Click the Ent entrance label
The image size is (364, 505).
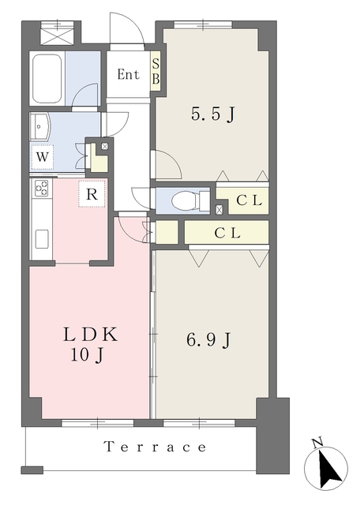129,74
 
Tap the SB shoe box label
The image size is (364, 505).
156,72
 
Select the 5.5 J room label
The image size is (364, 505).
212,114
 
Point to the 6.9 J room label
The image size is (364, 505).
208,339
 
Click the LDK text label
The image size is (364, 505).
90,335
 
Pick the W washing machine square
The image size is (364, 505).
42,157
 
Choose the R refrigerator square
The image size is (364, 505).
92,194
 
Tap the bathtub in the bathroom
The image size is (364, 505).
47,77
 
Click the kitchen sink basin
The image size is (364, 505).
42,239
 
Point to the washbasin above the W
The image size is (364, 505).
39,126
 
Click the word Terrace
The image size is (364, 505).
155,447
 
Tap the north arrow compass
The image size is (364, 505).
326,468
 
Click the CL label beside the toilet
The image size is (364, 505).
249,200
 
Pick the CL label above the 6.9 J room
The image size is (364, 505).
227,233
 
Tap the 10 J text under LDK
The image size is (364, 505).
87,356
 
